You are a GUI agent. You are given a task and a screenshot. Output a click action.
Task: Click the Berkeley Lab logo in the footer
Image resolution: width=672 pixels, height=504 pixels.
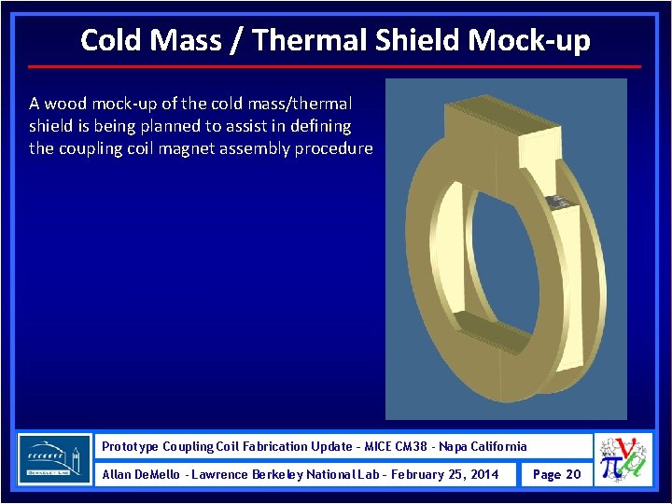[x=55, y=459]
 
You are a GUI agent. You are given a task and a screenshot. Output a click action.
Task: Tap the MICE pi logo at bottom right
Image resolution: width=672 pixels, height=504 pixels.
[x=624, y=459]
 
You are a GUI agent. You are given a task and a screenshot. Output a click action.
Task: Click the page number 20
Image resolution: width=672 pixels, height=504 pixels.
[x=573, y=474]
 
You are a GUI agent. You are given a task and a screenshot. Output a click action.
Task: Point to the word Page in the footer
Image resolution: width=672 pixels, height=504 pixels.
[x=546, y=474]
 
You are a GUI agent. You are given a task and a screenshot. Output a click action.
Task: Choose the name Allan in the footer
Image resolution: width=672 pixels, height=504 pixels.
[x=118, y=474]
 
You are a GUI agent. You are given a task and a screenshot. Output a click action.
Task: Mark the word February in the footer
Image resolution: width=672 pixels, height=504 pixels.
[x=418, y=474]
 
